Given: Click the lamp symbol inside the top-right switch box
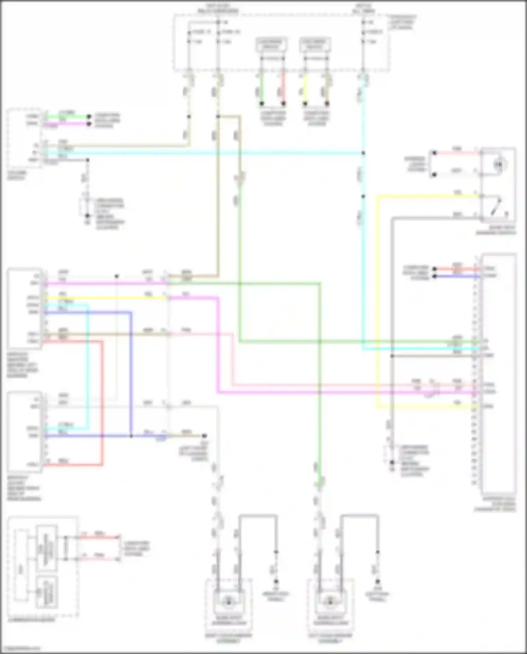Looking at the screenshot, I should coord(498,164).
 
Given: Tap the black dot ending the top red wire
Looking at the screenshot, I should coord(283,104).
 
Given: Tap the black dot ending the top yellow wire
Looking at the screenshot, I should coord(305,104).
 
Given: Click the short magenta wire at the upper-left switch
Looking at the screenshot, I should coord(67,124).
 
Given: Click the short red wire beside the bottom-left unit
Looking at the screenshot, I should coord(98,537).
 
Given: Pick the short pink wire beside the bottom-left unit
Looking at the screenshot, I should coord(98,559).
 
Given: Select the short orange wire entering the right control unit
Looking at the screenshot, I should coord(457,269).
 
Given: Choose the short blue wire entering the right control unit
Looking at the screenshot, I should coord(457,276).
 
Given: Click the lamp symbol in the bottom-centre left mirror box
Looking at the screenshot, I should coord(228,602).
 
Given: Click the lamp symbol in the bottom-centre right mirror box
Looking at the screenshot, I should coord(330,602).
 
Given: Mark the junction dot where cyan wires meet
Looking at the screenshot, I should coord(363,153).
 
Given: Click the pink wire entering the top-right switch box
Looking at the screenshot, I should coord(457,153).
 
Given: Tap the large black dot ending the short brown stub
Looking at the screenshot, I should coord(204,436).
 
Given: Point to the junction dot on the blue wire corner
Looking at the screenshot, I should coord(131,436).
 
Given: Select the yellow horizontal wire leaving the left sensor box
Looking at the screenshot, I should coord(105,298).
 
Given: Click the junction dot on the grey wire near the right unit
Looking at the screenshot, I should coord(392,356).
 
